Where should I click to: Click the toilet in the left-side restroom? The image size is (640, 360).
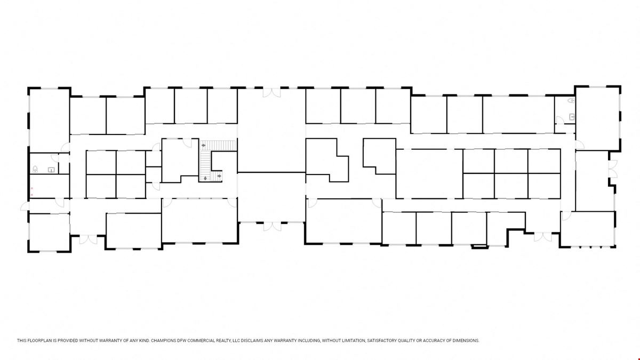pyautogui.click(x=35, y=169)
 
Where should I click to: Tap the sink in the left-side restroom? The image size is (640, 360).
pyautogui.click(x=51, y=170)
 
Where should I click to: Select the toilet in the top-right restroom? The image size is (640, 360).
pyautogui.click(x=571, y=100)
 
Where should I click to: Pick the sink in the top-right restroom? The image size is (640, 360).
pyautogui.click(x=572, y=117)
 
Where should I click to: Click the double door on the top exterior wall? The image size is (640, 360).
pyautogui.click(x=271, y=93)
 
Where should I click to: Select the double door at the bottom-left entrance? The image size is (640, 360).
pyautogui.click(x=89, y=239)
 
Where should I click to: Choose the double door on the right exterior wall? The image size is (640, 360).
pyautogui.click(x=613, y=169)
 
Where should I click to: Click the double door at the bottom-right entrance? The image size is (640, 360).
pyautogui.click(x=543, y=237)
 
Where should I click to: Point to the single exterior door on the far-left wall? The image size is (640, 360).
pyautogui.click(x=25, y=206)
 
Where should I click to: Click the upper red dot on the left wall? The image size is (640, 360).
pyautogui.click(x=32, y=188)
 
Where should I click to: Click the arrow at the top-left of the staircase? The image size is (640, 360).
pyautogui.click(x=203, y=146)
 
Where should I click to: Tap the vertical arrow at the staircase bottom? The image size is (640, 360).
pyautogui.click(x=205, y=178)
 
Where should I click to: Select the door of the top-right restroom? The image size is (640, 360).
pyautogui.click(x=560, y=121)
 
